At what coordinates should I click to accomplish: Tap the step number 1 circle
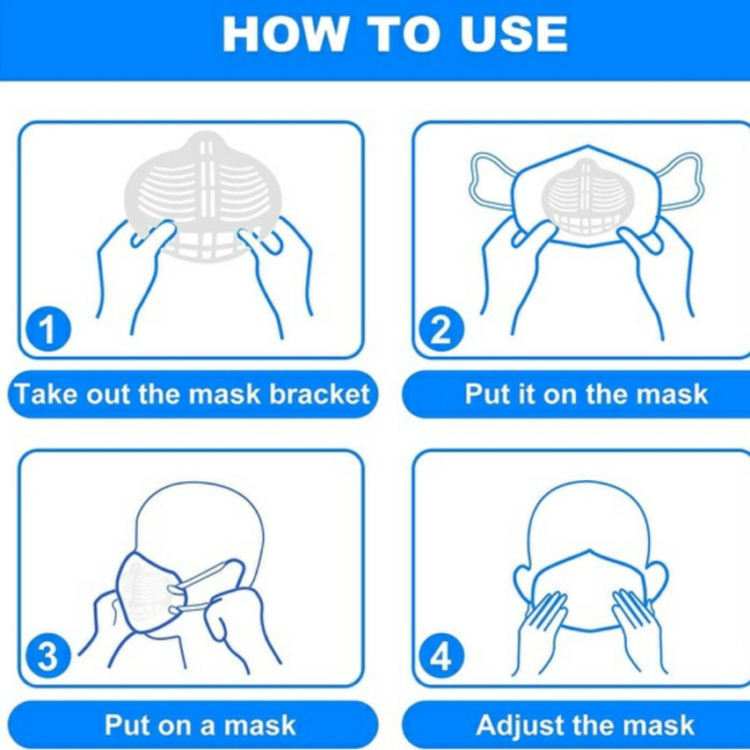[x=47, y=329]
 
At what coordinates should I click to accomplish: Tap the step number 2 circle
[x=441, y=329]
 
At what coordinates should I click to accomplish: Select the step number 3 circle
[x=47, y=656]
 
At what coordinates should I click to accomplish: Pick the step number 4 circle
[x=441, y=656]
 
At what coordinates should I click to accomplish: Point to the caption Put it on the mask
[x=586, y=394]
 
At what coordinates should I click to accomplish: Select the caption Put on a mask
[x=200, y=725]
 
